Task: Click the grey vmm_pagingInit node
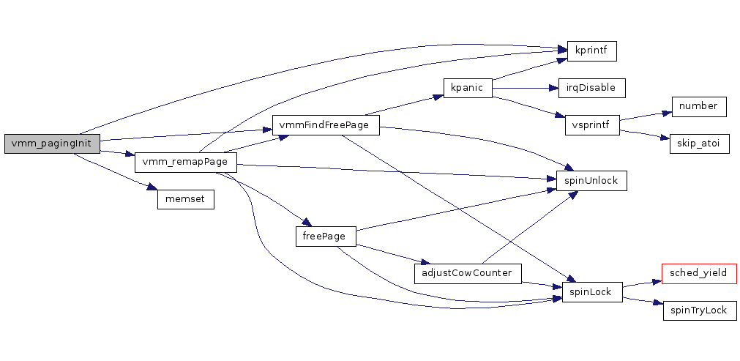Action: (x=51, y=144)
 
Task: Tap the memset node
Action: (x=186, y=198)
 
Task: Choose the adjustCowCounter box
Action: (x=468, y=274)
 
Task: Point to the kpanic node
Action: (x=467, y=88)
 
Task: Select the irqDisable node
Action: (x=591, y=88)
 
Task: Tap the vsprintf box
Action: (x=592, y=124)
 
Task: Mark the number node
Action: (x=698, y=106)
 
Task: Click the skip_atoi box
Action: (x=699, y=144)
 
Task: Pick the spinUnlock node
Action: (x=591, y=180)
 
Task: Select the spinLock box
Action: (x=591, y=292)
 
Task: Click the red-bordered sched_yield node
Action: (x=698, y=273)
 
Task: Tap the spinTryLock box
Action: (x=699, y=310)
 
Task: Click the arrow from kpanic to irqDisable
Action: (x=524, y=88)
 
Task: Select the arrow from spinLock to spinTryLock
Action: (x=643, y=300)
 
